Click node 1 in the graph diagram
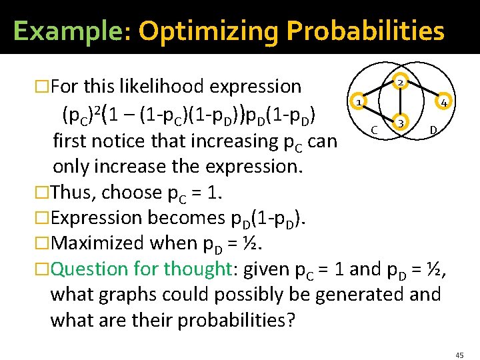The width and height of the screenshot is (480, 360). pos(358,103)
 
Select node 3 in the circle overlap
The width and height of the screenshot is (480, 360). pos(400,123)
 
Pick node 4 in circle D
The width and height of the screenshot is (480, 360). pos(442,103)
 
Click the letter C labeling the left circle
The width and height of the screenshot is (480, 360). pos(375,128)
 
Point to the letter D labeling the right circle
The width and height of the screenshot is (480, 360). pos(433,128)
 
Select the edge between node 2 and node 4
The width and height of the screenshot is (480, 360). pos(421,92)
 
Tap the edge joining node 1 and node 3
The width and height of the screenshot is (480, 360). pos(379,113)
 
